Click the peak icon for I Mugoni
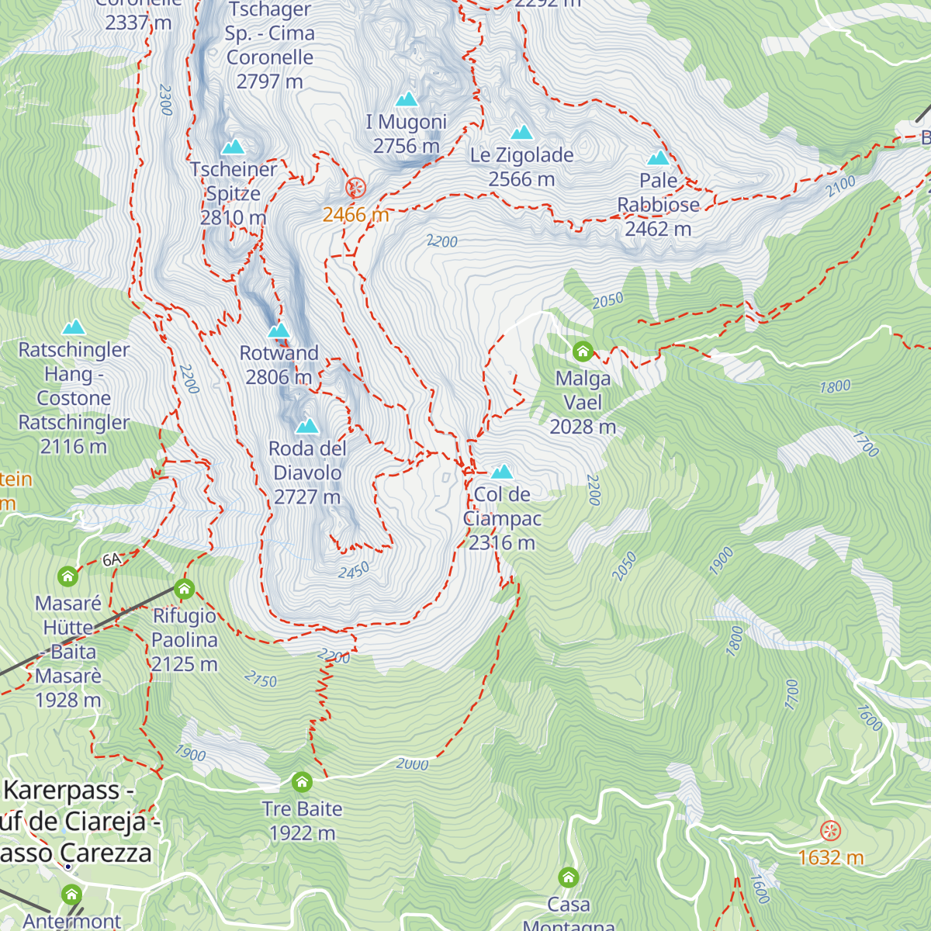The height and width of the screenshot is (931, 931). pyautogui.click(x=407, y=99)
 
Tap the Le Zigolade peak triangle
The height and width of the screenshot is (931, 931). pyautogui.click(x=521, y=133)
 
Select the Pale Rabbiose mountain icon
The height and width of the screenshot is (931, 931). pyautogui.click(x=658, y=158)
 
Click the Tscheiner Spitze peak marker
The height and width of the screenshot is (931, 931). pyautogui.click(x=233, y=147)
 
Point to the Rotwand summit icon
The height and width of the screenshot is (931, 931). pyautogui.click(x=279, y=331)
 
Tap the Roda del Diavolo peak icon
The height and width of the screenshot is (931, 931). pyautogui.click(x=307, y=426)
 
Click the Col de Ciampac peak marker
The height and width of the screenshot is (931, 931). pyautogui.click(x=502, y=472)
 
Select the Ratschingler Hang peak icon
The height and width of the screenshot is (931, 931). pyautogui.click(x=74, y=327)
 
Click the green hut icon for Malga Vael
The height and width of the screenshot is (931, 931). pyautogui.click(x=583, y=351)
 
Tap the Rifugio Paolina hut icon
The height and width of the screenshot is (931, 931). pyautogui.click(x=184, y=589)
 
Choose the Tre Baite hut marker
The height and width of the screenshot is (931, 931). pyautogui.click(x=302, y=781)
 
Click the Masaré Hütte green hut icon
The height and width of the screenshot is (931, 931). pyautogui.click(x=68, y=576)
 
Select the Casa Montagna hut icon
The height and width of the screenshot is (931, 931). pyautogui.click(x=569, y=877)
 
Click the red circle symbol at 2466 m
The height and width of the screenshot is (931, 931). pyautogui.click(x=355, y=187)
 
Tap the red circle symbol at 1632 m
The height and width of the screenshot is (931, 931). pyautogui.click(x=830, y=832)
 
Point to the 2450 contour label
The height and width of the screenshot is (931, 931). pyautogui.click(x=354, y=571)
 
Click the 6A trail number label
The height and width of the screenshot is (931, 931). pyautogui.click(x=112, y=560)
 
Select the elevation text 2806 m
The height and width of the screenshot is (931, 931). pyautogui.click(x=279, y=377)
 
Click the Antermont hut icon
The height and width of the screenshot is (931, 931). pyautogui.click(x=71, y=895)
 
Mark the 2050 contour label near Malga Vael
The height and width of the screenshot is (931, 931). pyautogui.click(x=607, y=300)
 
